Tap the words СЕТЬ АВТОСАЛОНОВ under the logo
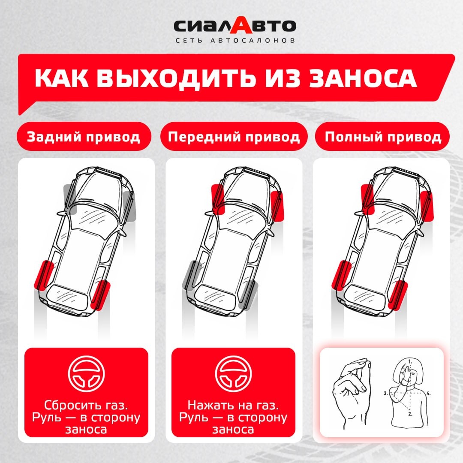pos(235,40)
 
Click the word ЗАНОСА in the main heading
pos(363,78)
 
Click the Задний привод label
pos(84,137)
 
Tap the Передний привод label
pos(234,137)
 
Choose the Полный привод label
pos(383,137)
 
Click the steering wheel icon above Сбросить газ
pos(86,373)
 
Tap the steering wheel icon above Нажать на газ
pos(233,373)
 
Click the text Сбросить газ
pos(86,405)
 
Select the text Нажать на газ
pos(233,405)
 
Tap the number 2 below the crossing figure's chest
pos(410,414)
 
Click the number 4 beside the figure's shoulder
pos(428,393)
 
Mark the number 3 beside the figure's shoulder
pos(386,393)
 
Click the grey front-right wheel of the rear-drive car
pos(130,206)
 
